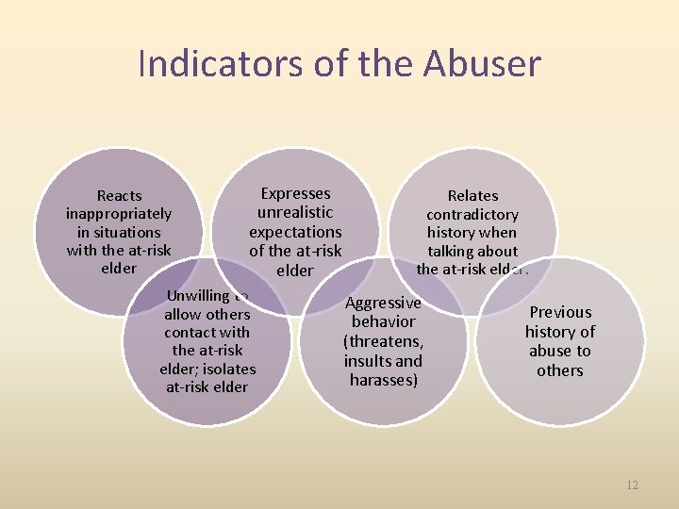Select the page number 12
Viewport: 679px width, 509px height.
(632, 484)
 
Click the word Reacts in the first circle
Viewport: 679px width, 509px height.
(120, 196)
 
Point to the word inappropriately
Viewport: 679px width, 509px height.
(119, 214)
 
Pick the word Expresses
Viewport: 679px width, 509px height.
(295, 193)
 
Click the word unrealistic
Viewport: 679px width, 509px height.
(295, 212)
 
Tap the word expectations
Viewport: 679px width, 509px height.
(295, 232)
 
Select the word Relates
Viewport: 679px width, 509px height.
(472, 196)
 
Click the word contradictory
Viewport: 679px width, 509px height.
(472, 214)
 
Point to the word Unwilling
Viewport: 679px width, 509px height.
(197, 295)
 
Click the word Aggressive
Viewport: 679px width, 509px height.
(383, 303)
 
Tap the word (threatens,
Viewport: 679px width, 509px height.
(383, 341)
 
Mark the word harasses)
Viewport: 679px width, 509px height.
(383, 380)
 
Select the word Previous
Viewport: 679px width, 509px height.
(560, 312)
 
